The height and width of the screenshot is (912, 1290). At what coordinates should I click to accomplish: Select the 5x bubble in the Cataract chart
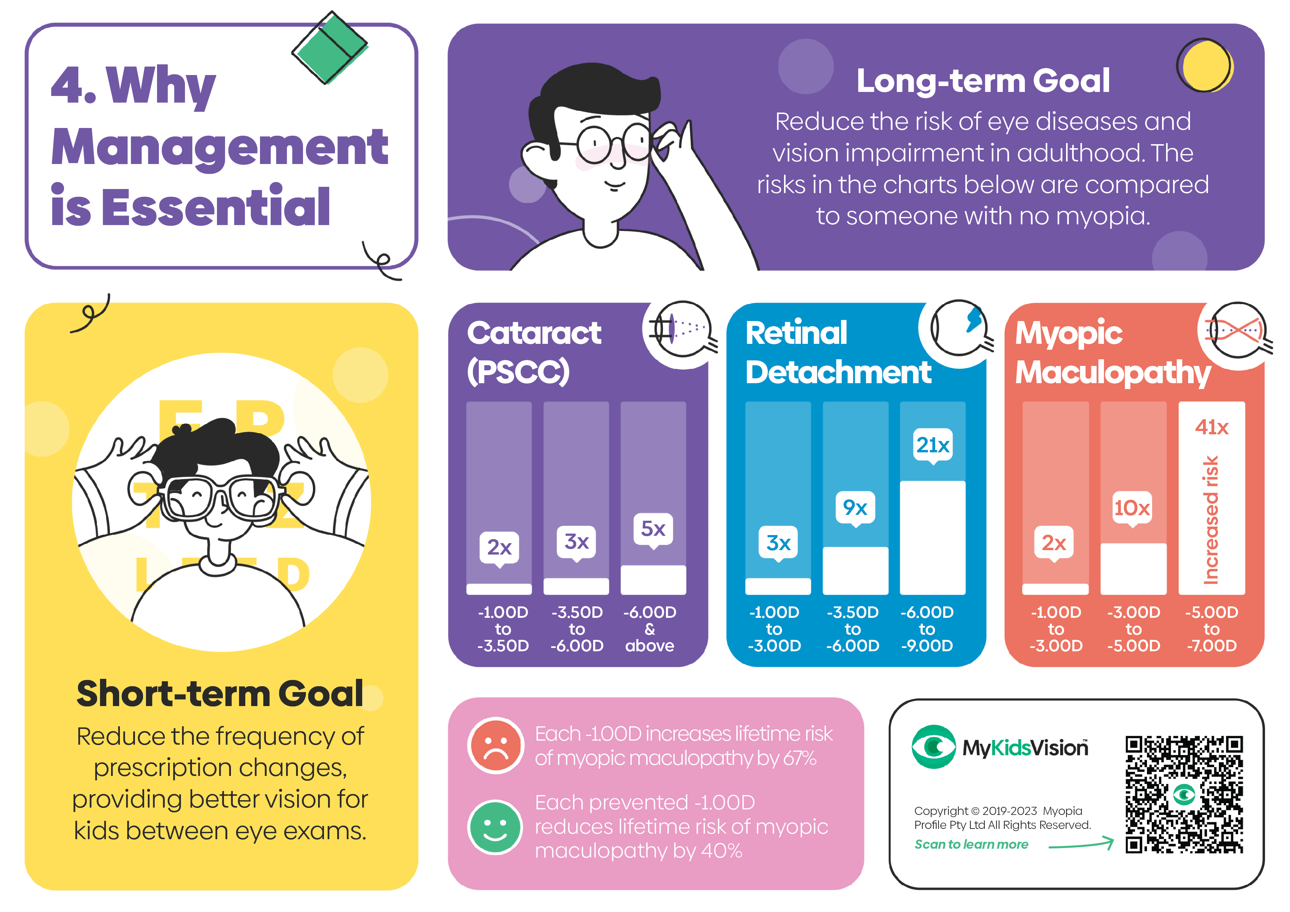point(653,529)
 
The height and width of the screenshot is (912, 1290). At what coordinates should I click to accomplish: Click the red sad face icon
point(496,746)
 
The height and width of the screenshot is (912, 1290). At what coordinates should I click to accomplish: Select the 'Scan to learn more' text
point(972,844)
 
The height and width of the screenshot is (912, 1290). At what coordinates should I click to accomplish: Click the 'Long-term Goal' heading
point(983,81)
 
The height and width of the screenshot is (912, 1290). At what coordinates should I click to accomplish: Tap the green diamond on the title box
point(330,48)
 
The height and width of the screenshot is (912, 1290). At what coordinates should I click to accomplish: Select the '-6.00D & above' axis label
point(650,629)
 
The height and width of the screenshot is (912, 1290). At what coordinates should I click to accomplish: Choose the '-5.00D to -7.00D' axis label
point(1211,629)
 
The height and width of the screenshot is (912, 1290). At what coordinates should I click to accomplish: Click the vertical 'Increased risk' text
point(1211,520)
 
